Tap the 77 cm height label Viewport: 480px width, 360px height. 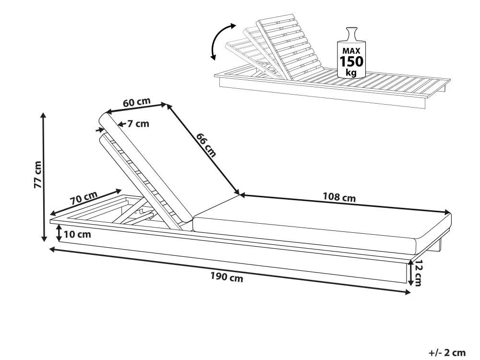(x=37, y=176)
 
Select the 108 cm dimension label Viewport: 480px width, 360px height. (x=339, y=197)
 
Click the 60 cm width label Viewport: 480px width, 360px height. (x=136, y=102)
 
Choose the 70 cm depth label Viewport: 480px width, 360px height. (x=84, y=197)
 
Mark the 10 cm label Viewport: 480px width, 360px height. (x=76, y=235)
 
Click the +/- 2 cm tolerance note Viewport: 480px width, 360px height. (x=447, y=353)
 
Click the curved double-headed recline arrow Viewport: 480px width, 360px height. (x=221, y=41)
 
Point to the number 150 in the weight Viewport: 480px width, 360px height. (x=352, y=61)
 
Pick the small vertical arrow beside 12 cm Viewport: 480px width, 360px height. (x=410, y=273)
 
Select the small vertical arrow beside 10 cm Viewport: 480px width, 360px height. (x=59, y=234)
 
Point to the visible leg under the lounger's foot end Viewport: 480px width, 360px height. (x=438, y=245)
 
